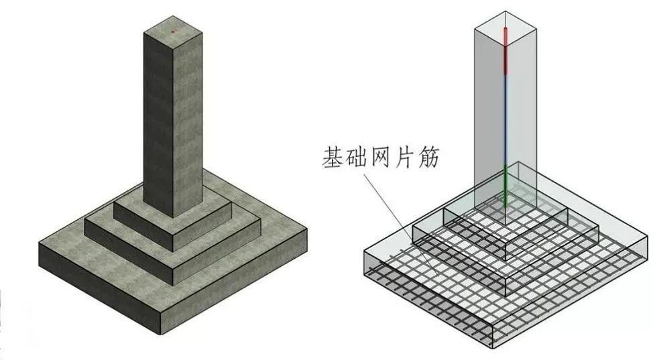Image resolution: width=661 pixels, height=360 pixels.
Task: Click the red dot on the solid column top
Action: [x=173, y=32]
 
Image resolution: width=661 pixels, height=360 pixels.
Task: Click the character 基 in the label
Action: [x=333, y=158]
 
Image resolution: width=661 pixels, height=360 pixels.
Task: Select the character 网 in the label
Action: [x=381, y=158]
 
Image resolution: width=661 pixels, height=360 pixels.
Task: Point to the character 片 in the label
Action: [x=404, y=158]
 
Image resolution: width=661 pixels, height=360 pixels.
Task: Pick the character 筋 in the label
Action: [x=428, y=158]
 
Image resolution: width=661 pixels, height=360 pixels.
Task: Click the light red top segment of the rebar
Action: [x=505, y=36]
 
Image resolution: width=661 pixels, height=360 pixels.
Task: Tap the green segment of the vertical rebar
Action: [x=505, y=186]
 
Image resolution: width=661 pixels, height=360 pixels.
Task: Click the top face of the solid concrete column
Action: [x=173, y=32]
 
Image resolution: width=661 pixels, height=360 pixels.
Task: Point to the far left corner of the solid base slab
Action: [x=39, y=243]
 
